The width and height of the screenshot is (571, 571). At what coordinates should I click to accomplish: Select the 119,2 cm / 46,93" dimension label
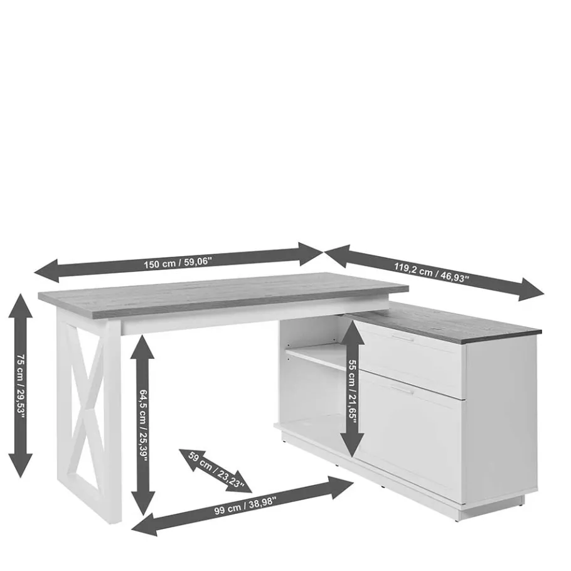(x=432, y=272)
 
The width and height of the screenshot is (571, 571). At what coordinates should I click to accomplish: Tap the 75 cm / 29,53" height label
(x=21, y=386)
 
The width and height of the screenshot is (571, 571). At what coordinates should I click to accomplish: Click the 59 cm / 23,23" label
(x=216, y=469)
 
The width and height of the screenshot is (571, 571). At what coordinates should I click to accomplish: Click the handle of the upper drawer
(x=403, y=338)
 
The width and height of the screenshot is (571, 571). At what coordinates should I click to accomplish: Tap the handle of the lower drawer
(x=403, y=390)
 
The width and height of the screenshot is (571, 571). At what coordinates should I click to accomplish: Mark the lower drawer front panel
(x=410, y=436)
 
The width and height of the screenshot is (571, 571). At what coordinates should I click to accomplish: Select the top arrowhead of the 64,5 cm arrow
(x=143, y=346)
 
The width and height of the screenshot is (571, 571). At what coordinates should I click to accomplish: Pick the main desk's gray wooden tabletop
(x=223, y=295)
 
